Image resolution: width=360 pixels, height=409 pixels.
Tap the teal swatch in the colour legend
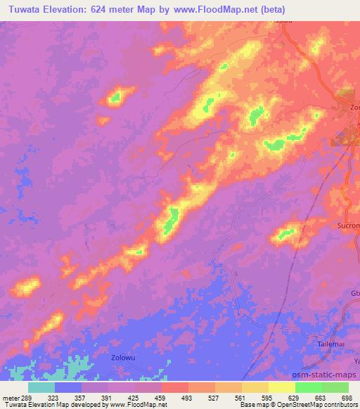(x=41, y=387)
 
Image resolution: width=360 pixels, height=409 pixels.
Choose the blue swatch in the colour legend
(x=68, y=387)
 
